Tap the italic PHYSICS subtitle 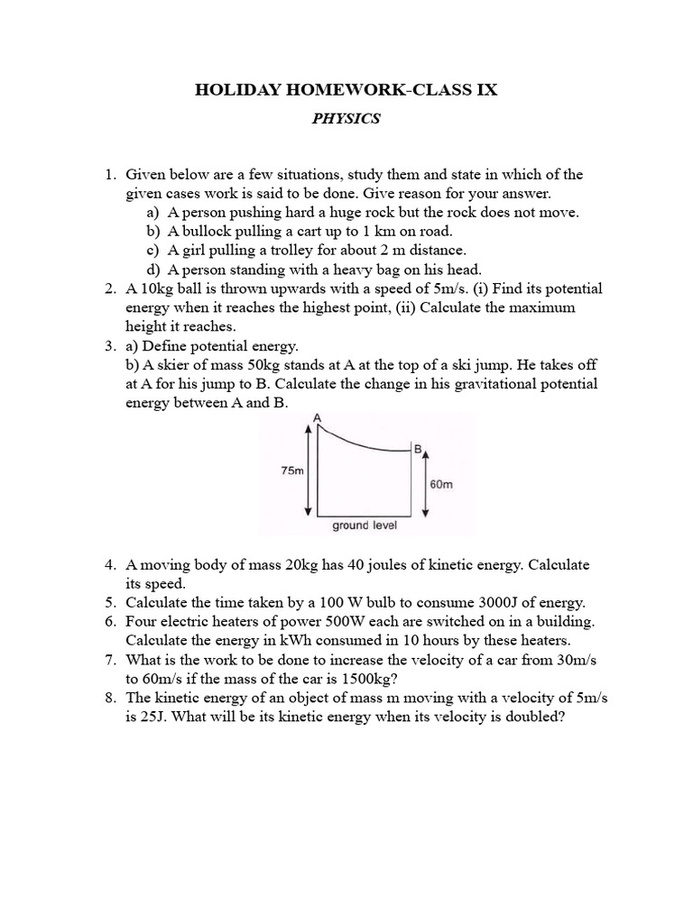tap(346, 119)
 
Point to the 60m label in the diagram tap(442, 484)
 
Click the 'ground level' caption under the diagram tap(365, 525)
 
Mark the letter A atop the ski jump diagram tap(317, 416)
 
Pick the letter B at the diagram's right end tap(418, 448)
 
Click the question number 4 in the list tap(109, 565)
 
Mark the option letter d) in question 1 tap(152, 269)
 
